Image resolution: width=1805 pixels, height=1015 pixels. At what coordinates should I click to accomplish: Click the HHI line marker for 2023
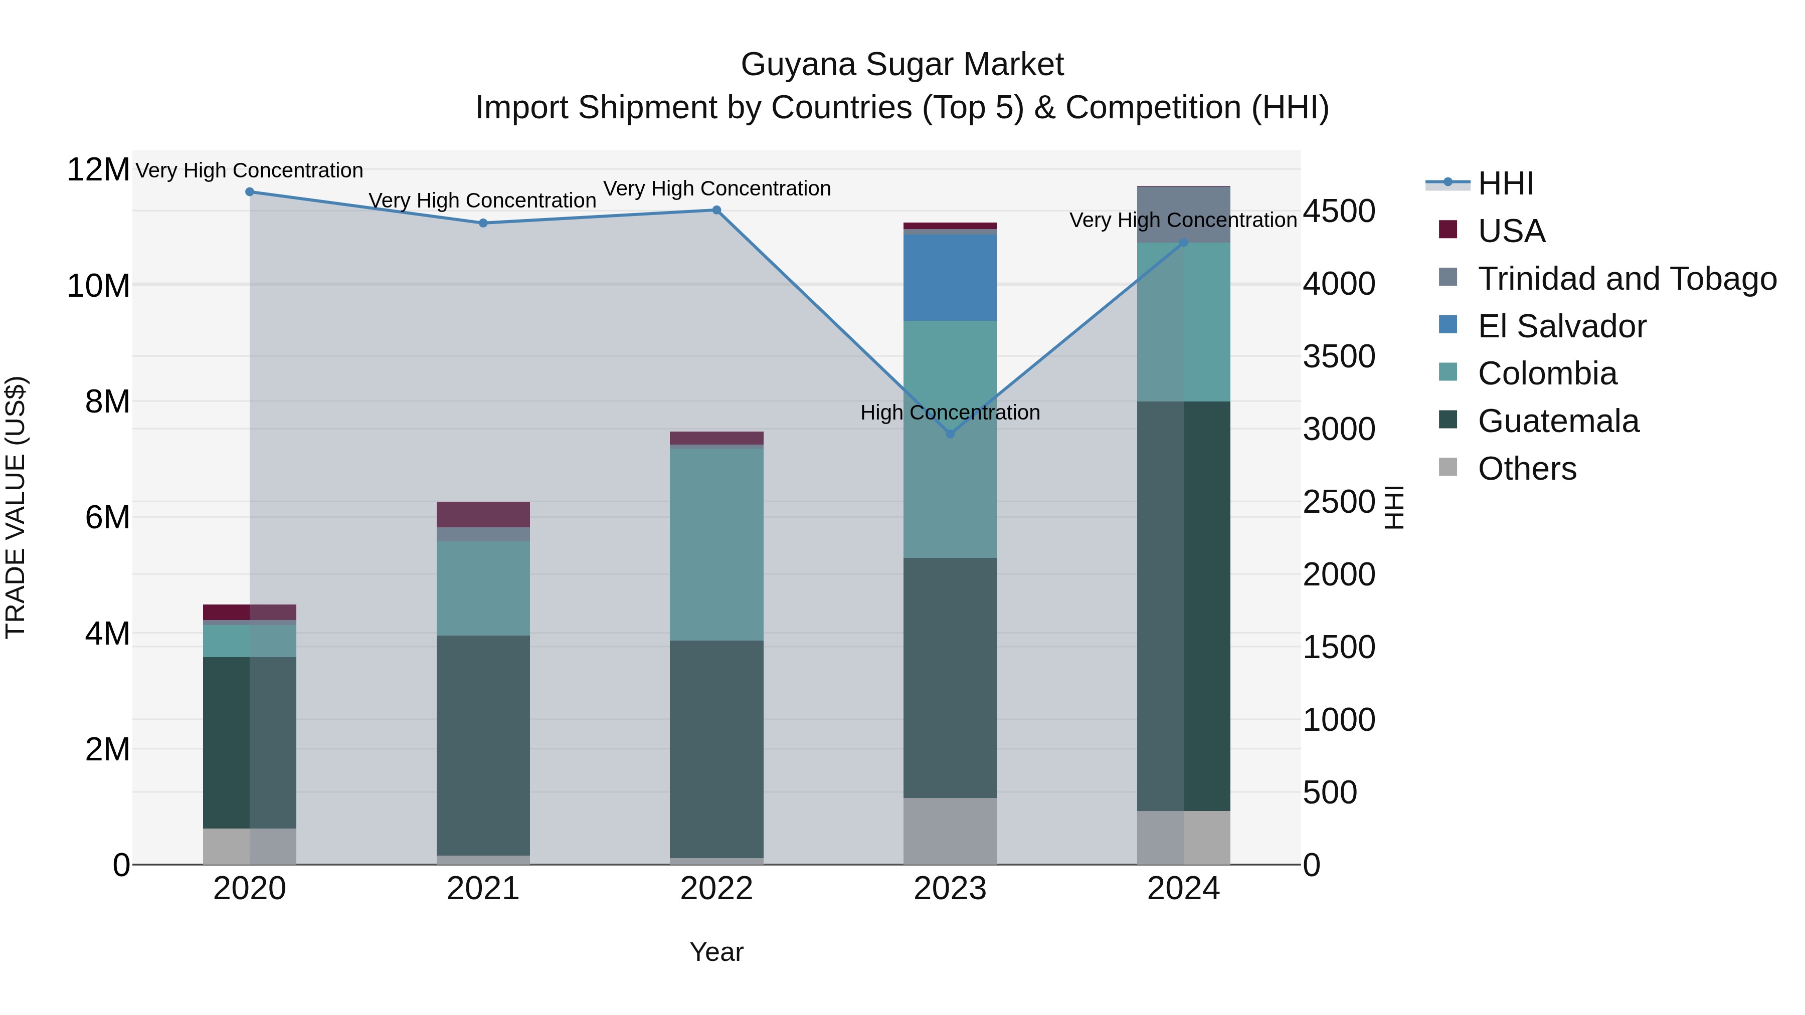pos(950,434)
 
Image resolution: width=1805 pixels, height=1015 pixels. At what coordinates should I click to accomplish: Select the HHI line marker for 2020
pos(250,192)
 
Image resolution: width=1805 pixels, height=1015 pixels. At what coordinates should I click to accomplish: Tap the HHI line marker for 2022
pos(716,210)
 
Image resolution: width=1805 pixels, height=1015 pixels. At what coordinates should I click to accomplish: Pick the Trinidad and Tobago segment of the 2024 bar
pos(1183,215)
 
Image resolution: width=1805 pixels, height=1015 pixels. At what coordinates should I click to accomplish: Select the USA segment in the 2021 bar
pos(483,514)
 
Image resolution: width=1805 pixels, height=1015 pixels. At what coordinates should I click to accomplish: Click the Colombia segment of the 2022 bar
pos(716,544)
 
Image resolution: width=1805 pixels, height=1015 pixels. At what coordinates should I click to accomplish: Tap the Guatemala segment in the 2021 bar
pos(483,745)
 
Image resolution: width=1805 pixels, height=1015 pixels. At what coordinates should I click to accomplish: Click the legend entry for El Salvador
pos(1561,326)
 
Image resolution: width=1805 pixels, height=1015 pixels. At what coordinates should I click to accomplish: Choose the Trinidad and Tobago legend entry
pos(1627,279)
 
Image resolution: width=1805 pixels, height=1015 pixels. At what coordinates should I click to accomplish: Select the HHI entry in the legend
pos(1505,183)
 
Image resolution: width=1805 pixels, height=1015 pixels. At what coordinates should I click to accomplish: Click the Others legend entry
pos(1527,469)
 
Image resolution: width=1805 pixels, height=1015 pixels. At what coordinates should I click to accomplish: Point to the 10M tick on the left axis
pos(98,286)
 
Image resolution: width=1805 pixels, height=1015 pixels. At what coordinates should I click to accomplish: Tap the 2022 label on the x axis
pos(716,889)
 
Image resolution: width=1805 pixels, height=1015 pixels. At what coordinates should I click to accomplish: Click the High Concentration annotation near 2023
pos(950,413)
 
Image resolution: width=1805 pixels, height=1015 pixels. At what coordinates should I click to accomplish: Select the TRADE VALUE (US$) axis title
pos(16,507)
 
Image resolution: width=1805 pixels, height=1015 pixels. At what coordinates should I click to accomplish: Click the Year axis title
pos(716,952)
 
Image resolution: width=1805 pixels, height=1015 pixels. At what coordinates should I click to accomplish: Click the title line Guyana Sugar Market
pos(902,65)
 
